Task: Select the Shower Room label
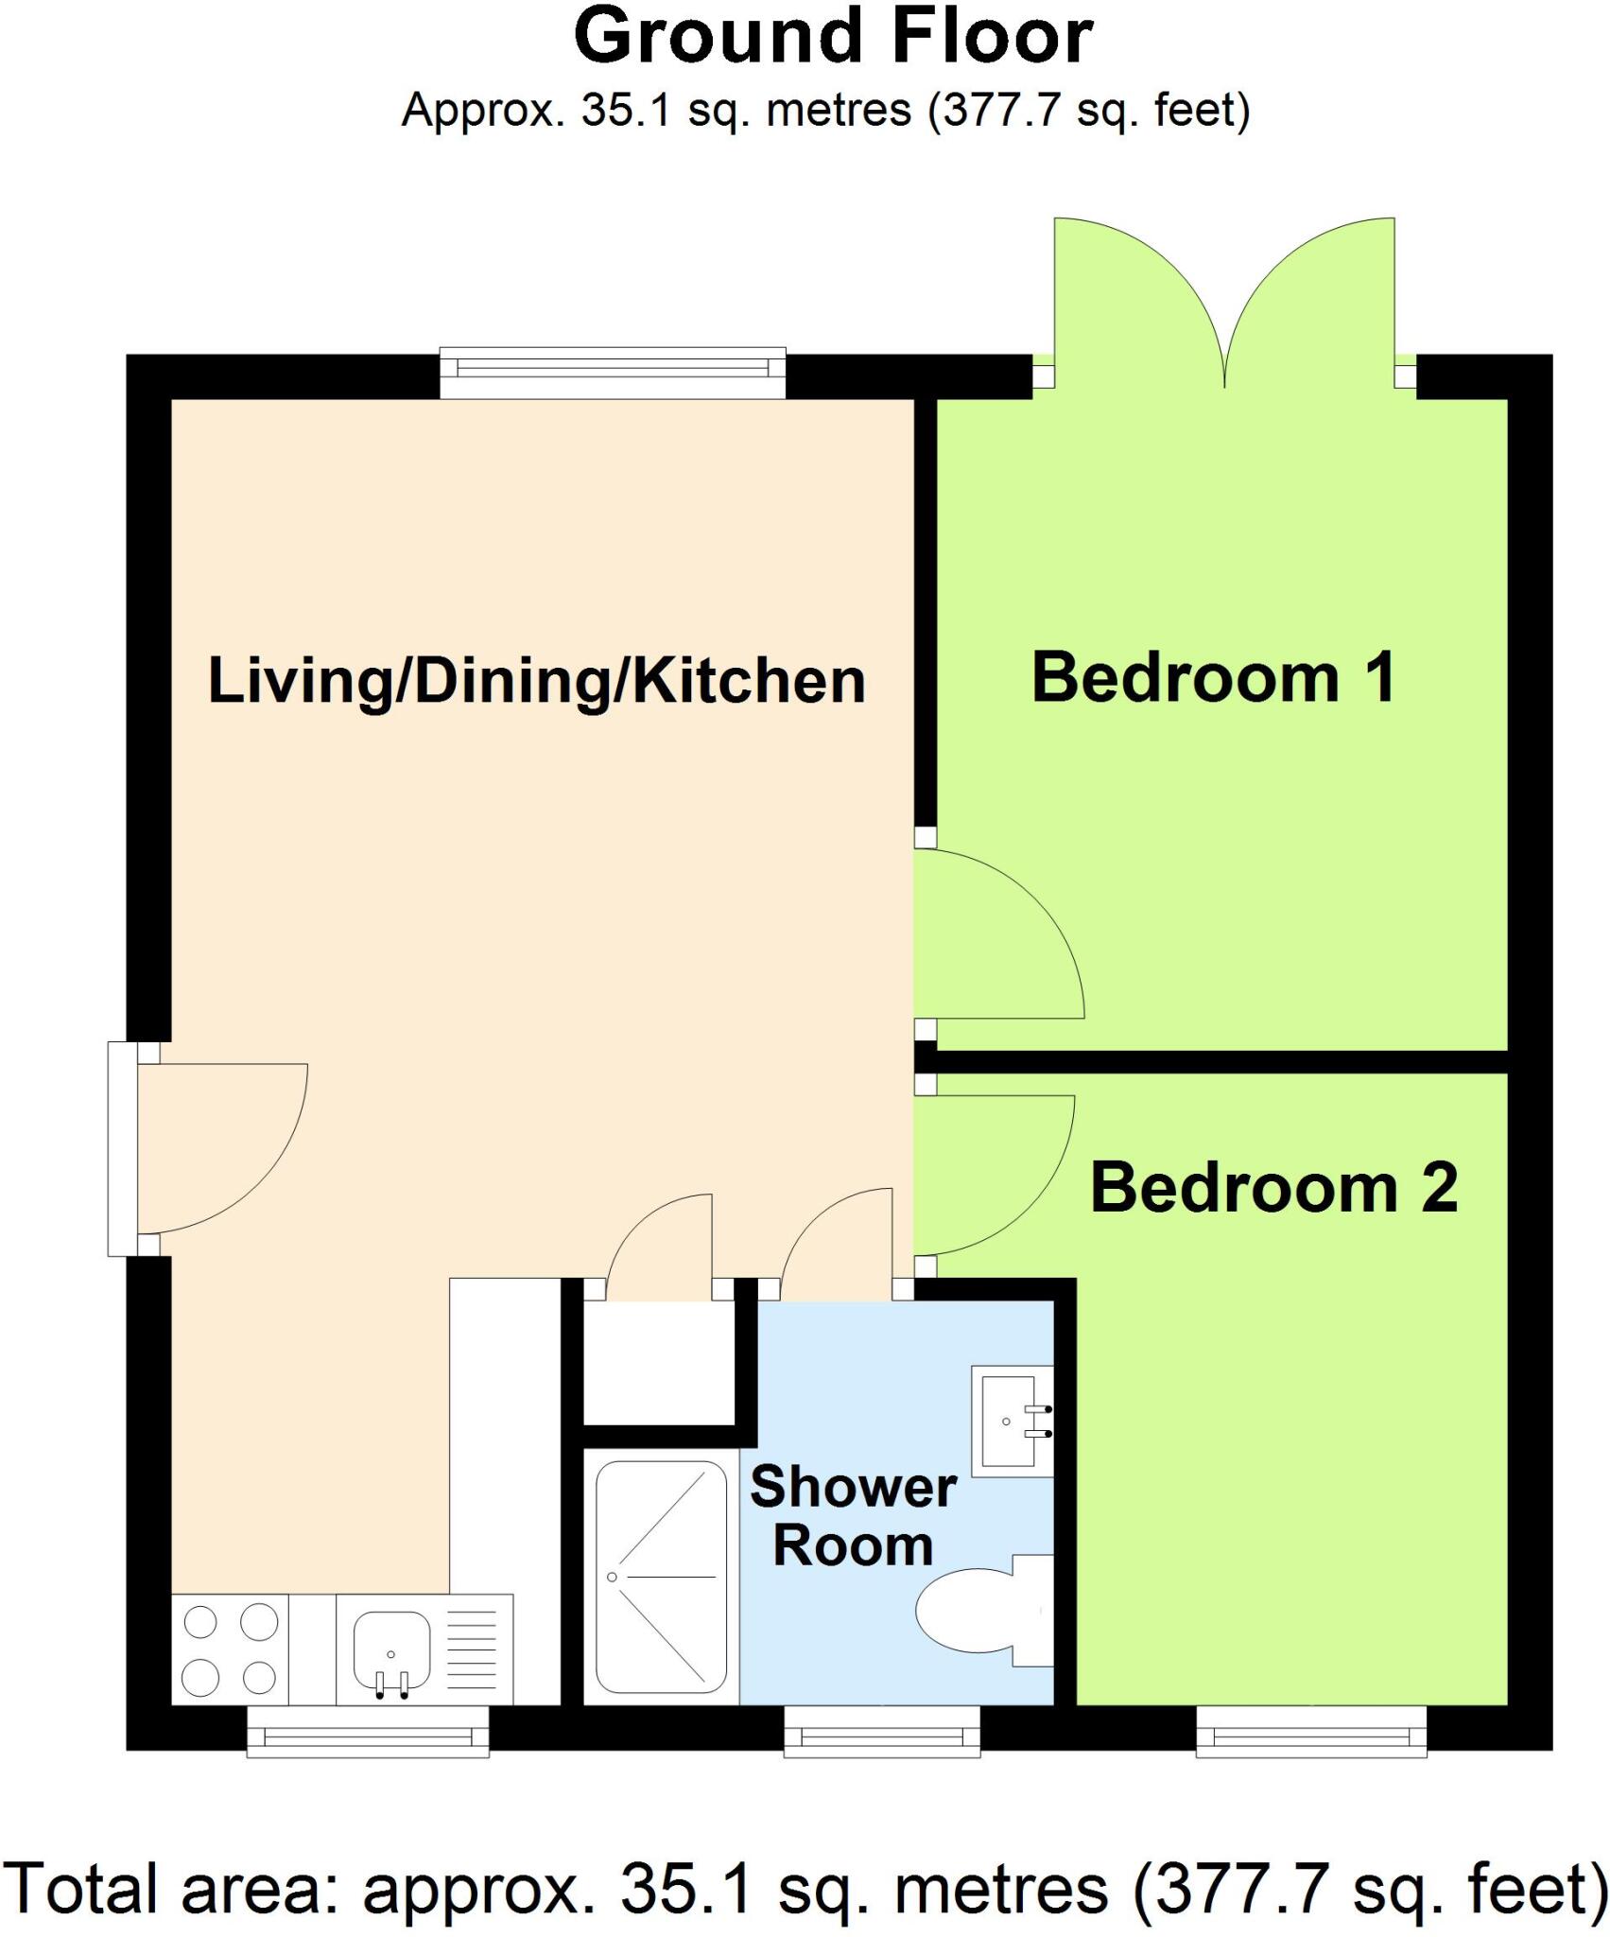click(853, 1516)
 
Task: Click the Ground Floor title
click(833, 38)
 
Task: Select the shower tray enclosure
click(661, 1578)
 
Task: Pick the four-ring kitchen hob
click(230, 1649)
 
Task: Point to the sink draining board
click(470, 1649)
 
